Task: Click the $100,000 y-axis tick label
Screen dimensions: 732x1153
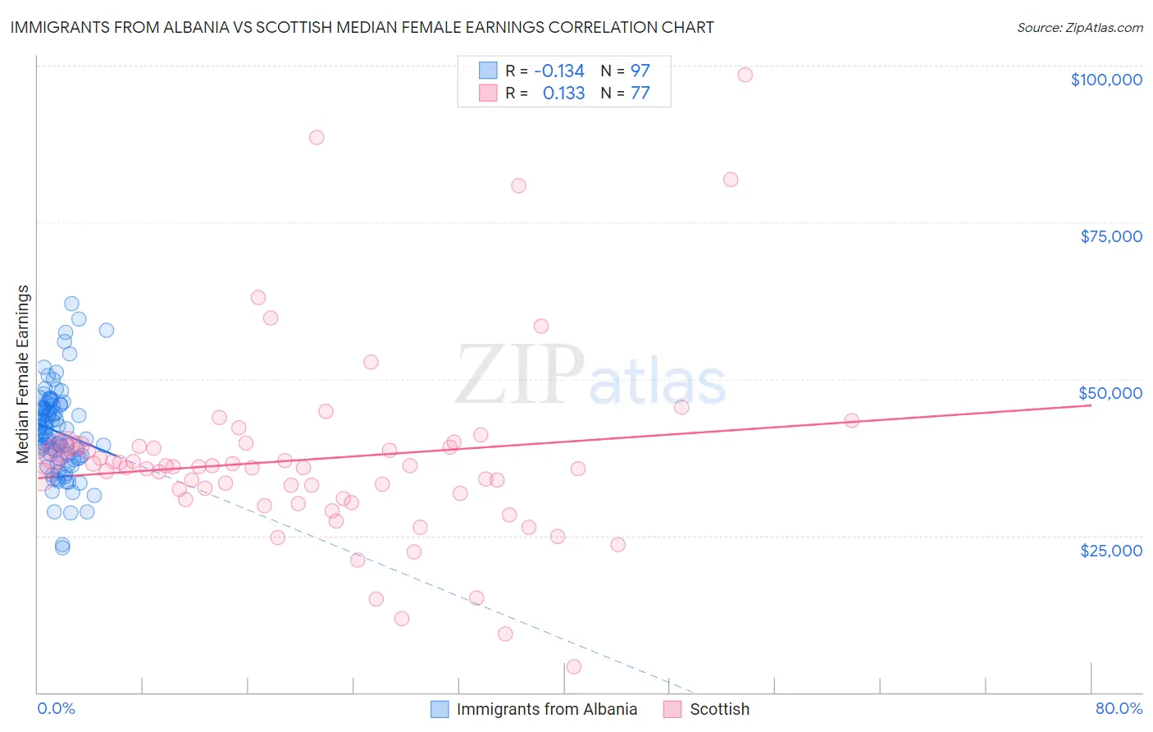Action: coord(1105,80)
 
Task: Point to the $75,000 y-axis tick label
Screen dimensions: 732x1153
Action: coord(1110,236)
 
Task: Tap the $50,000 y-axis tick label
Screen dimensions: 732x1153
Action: coord(1110,393)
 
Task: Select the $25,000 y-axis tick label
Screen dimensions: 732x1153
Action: coord(1110,551)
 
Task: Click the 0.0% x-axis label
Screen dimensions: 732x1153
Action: coord(56,709)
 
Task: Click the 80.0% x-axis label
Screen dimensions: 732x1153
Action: coord(1119,709)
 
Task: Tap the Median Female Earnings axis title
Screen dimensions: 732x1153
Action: coord(23,374)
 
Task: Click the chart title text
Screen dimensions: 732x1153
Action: coord(362,27)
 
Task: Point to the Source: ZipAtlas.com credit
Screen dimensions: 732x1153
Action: coord(1079,27)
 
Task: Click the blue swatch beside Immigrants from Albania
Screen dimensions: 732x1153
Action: coord(440,709)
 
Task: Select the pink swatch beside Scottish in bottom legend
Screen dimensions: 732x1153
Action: coord(672,709)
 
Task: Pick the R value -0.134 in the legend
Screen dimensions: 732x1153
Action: coord(559,71)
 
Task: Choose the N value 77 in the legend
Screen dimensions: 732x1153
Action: coord(640,94)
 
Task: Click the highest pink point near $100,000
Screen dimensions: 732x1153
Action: coord(745,75)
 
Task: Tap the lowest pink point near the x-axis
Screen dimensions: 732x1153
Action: coord(574,666)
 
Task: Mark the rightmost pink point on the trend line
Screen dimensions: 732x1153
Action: coord(851,420)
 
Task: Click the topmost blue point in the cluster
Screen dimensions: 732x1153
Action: coord(71,304)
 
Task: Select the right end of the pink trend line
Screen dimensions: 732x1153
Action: coord(1091,405)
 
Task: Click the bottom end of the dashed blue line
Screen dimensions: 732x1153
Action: coord(693,693)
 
